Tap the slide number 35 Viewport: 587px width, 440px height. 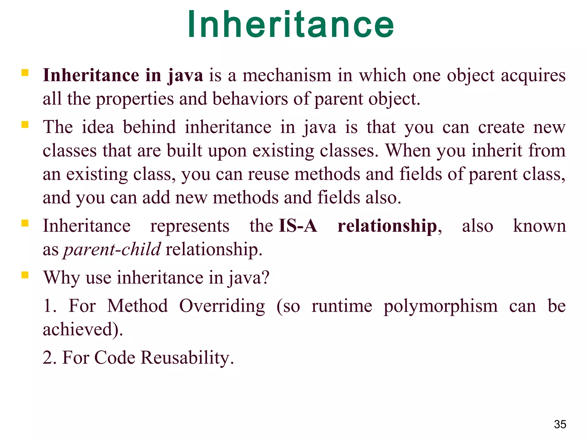(x=560, y=424)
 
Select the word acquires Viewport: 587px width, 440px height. (x=533, y=76)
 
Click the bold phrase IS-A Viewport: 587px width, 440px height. (x=298, y=226)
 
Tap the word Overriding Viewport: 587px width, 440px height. (x=222, y=306)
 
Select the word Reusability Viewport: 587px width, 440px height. (x=187, y=358)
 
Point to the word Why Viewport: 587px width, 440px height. (x=61, y=278)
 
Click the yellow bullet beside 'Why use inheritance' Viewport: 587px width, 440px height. (x=25, y=275)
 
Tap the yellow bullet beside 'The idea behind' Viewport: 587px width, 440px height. (x=25, y=125)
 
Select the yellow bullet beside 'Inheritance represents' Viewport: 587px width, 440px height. (x=25, y=223)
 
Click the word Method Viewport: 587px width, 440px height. (x=138, y=306)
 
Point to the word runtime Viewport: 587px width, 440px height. (x=342, y=306)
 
